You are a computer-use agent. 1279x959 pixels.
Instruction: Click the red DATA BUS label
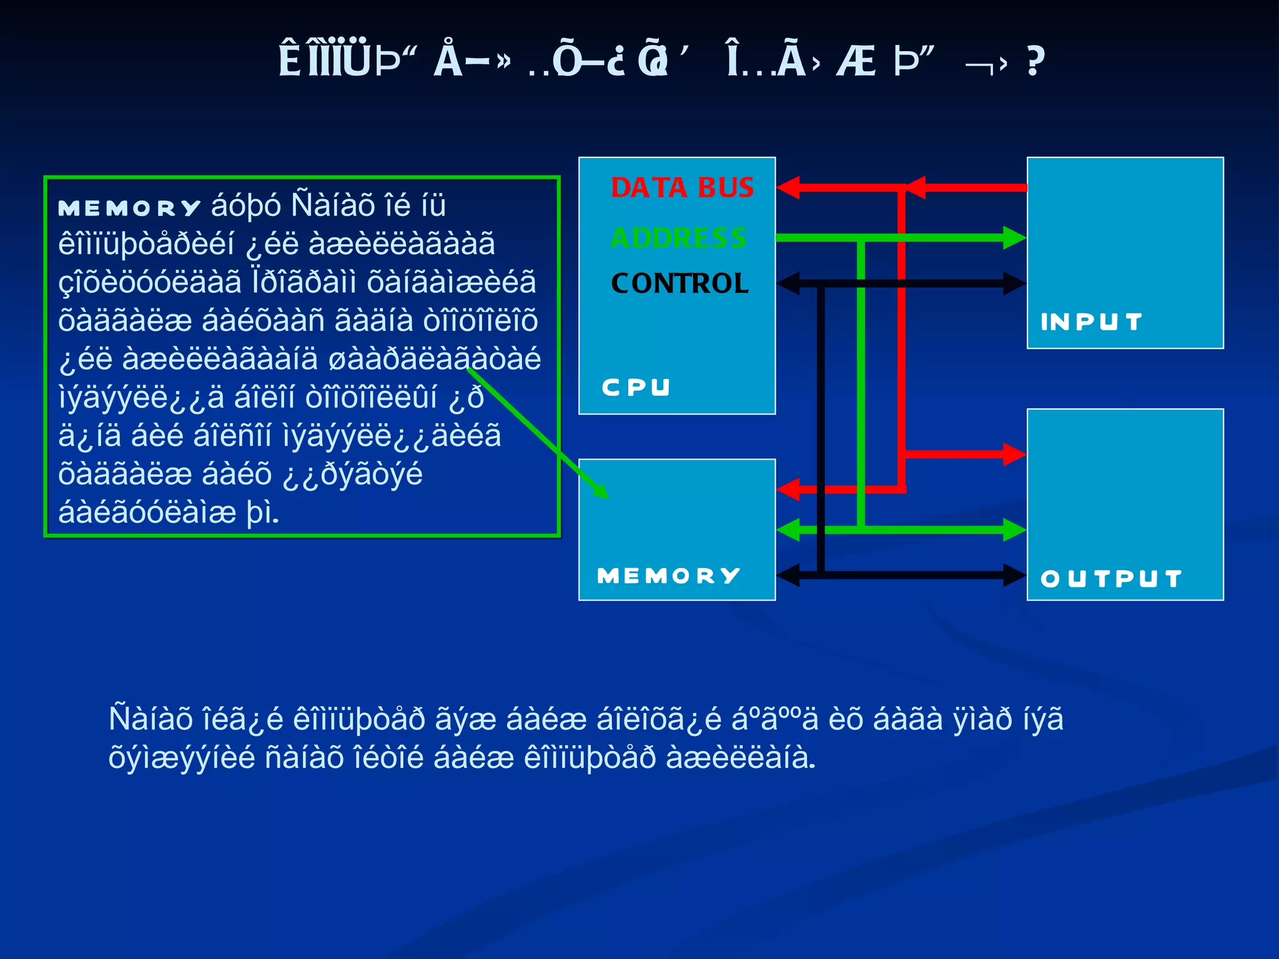click(682, 188)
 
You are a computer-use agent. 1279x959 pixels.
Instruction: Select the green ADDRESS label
click(679, 238)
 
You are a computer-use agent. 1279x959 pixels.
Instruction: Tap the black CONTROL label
click(679, 283)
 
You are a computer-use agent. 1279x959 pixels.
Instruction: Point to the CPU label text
click(636, 387)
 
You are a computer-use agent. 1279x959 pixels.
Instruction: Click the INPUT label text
click(1091, 322)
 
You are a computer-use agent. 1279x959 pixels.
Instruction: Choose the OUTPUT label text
click(1111, 579)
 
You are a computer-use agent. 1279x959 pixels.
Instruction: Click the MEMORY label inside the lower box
click(668, 576)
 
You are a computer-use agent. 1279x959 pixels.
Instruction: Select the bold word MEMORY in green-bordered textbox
click(129, 209)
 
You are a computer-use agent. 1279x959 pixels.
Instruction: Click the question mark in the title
click(1035, 61)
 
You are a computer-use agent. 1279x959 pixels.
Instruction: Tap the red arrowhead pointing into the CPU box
click(788, 187)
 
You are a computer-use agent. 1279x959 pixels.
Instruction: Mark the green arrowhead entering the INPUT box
click(1014, 238)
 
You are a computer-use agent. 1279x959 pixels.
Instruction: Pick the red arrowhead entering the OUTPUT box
click(1014, 454)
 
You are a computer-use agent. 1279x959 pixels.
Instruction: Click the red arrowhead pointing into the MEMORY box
click(788, 489)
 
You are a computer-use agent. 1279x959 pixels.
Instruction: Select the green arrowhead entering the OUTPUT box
click(1014, 530)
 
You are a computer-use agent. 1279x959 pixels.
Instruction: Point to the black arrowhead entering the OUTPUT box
click(1014, 575)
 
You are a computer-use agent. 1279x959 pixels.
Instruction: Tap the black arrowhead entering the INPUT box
click(1014, 283)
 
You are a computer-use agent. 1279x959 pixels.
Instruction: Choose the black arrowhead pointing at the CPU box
click(788, 283)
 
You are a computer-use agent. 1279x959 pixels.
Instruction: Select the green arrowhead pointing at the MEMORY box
click(788, 530)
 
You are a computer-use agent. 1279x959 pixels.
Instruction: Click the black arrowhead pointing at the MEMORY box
click(788, 575)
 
